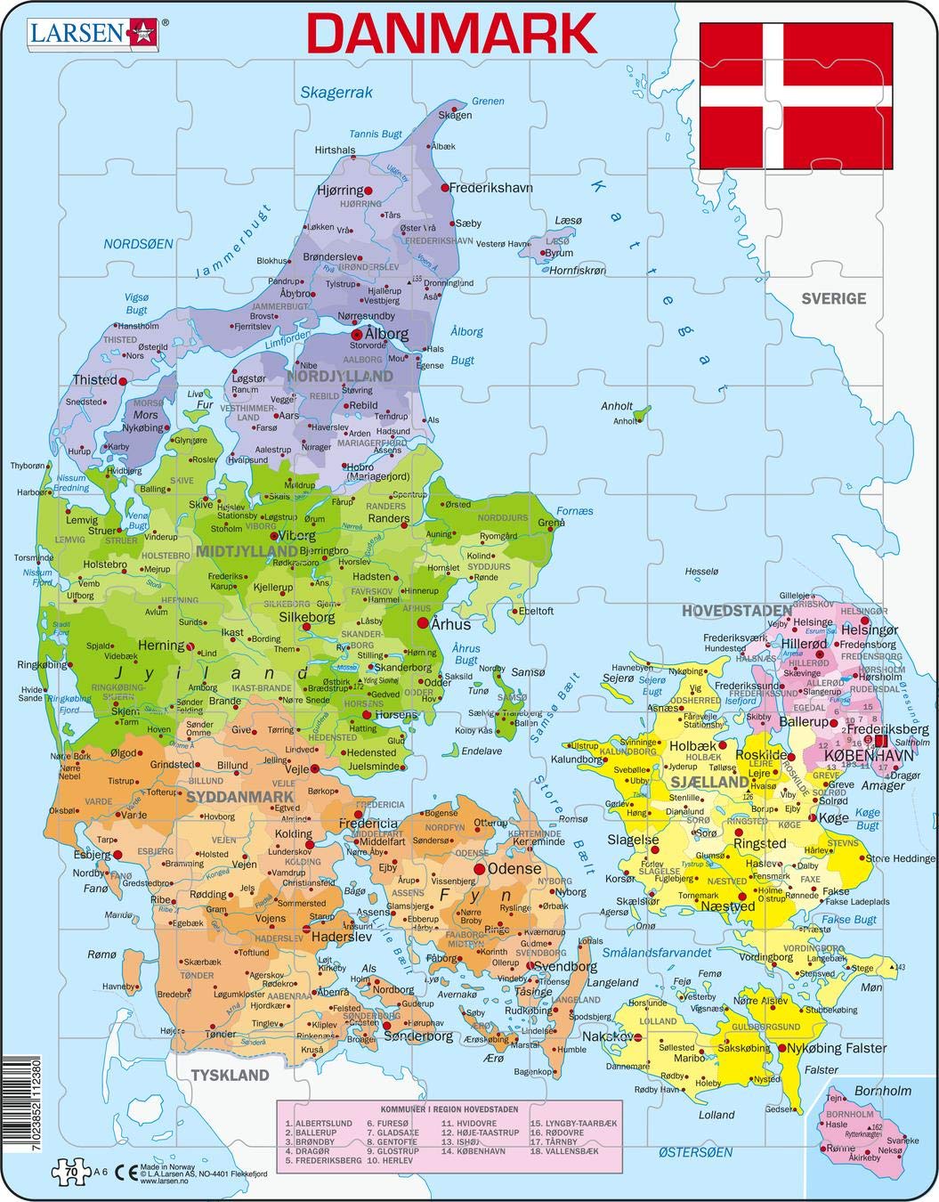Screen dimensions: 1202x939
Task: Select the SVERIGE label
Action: click(x=833, y=298)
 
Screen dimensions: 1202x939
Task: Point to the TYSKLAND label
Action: click(x=230, y=1075)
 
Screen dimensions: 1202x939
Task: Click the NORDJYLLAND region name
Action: click(x=346, y=377)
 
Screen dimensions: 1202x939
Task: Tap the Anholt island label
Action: click(x=617, y=406)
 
